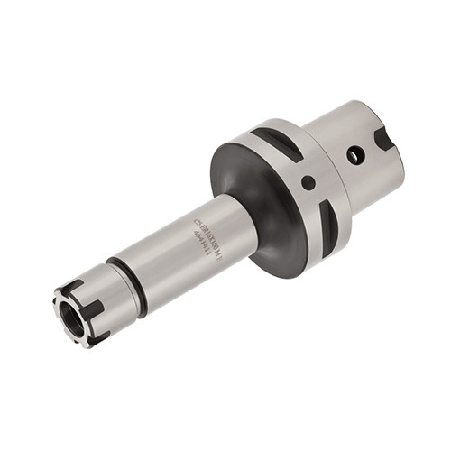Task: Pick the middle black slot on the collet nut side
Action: [95, 308]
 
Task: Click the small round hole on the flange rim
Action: [308, 182]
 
